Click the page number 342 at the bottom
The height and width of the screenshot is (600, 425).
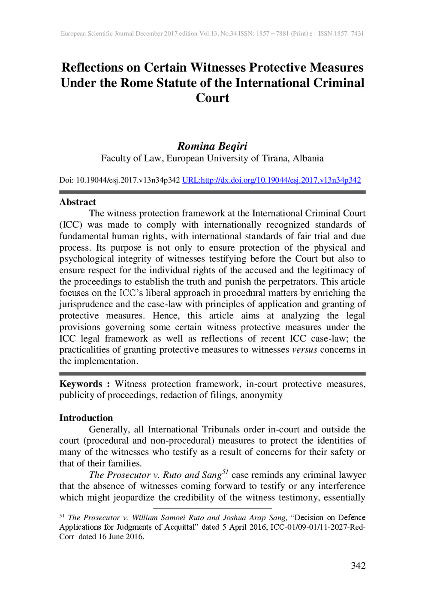coord(358,566)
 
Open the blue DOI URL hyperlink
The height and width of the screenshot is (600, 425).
coord(271,180)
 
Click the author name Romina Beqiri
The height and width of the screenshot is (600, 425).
coord(212,146)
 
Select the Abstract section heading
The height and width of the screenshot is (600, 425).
coord(78,202)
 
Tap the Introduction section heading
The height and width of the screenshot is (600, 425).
coord(86,418)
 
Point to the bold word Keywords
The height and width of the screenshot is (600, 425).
coord(81,384)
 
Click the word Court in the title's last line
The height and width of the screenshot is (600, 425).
coord(212,98)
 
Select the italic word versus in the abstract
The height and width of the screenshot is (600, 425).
coord(304,350)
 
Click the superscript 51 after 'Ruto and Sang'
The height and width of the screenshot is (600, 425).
coord(225,472)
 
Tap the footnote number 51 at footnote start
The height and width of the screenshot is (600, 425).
coord(62,516)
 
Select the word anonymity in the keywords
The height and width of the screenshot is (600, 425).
coord(261,395)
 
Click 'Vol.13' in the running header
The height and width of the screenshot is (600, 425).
coord(208,33)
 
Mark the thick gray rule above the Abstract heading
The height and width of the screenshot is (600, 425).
coord(212,192)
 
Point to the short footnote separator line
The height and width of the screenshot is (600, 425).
coord(212,509)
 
